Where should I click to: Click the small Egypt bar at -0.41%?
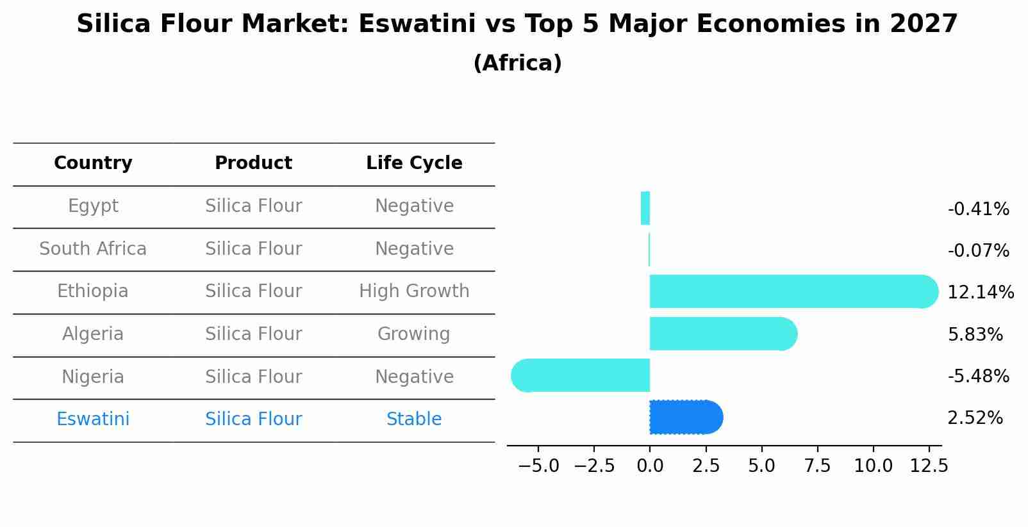click(x=645, y=208)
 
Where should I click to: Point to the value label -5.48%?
click(x=978, y=376)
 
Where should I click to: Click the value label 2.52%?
click(x=975, y=418)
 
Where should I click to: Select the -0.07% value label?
click(x=978, y=250)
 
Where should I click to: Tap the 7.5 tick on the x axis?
click(x=817, y=466)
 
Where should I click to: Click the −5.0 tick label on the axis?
click(x=538, y=466)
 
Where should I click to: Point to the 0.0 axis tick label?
click(x=650, y=466)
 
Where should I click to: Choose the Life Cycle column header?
click(x=414, y=163)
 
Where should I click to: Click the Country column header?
click(x=93, y=163)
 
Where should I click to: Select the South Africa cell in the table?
click(x=93, y=249)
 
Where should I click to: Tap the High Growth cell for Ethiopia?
click(x=414, y=291)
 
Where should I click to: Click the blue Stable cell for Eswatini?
click(x=414, y=419)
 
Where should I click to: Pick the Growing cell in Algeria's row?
click(x=414, y=334)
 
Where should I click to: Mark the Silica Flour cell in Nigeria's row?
click(x=253, y=377)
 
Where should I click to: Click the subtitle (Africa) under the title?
click(x=517, y=63)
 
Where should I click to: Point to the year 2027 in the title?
click(x=924, y=24)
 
